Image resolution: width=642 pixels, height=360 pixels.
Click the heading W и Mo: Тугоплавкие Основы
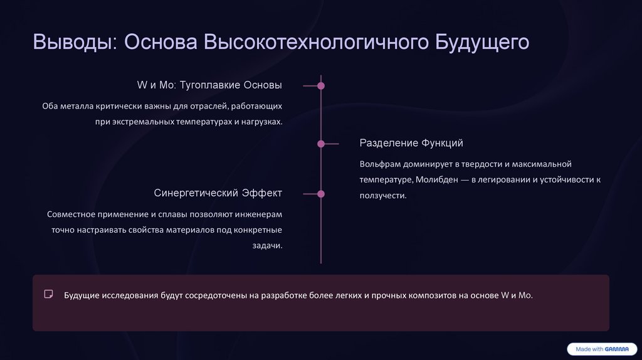point(209,85)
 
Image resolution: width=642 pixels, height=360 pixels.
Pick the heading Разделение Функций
point(411,143)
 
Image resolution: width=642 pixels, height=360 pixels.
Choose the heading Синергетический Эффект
point(218,193)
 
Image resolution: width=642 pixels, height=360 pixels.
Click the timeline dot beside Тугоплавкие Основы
point(321,85)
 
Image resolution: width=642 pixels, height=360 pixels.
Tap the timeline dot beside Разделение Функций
point(321,144)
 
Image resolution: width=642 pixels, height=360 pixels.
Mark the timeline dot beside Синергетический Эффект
point(321,194)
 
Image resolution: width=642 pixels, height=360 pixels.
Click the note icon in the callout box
point(48,294)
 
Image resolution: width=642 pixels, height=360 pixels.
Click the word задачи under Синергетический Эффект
point(268,246)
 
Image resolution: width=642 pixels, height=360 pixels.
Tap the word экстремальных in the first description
point(142,121)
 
